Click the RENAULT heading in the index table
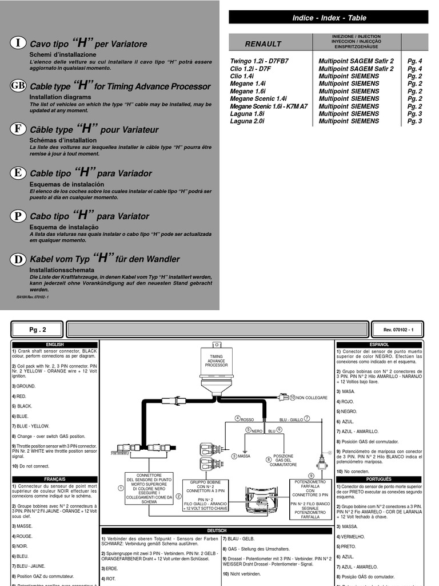coord(263,43)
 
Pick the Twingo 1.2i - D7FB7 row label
coord(259,61)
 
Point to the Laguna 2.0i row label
coord(248,121)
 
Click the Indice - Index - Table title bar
coord(329,18)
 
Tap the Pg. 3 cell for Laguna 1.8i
coord(414,113)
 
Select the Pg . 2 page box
coord(37,330)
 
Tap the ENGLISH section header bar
coord(55,345)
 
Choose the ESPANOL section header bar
coord(379,345)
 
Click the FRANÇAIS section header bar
coord(55,479)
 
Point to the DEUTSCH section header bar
coord(217,530)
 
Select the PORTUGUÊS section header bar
coord(379,479)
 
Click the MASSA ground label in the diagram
coord(244,456)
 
